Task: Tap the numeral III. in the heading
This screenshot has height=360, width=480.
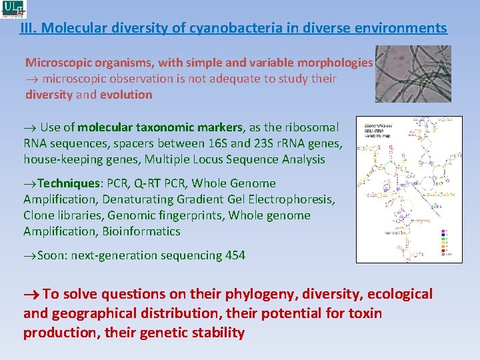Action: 28,28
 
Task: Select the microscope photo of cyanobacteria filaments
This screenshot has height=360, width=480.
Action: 413,74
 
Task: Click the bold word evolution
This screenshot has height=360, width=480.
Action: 126,95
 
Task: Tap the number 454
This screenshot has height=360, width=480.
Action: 235,255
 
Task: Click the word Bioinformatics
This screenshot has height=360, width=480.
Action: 141,231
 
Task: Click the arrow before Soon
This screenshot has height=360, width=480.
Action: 30,255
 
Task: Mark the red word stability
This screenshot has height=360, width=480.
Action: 217,333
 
